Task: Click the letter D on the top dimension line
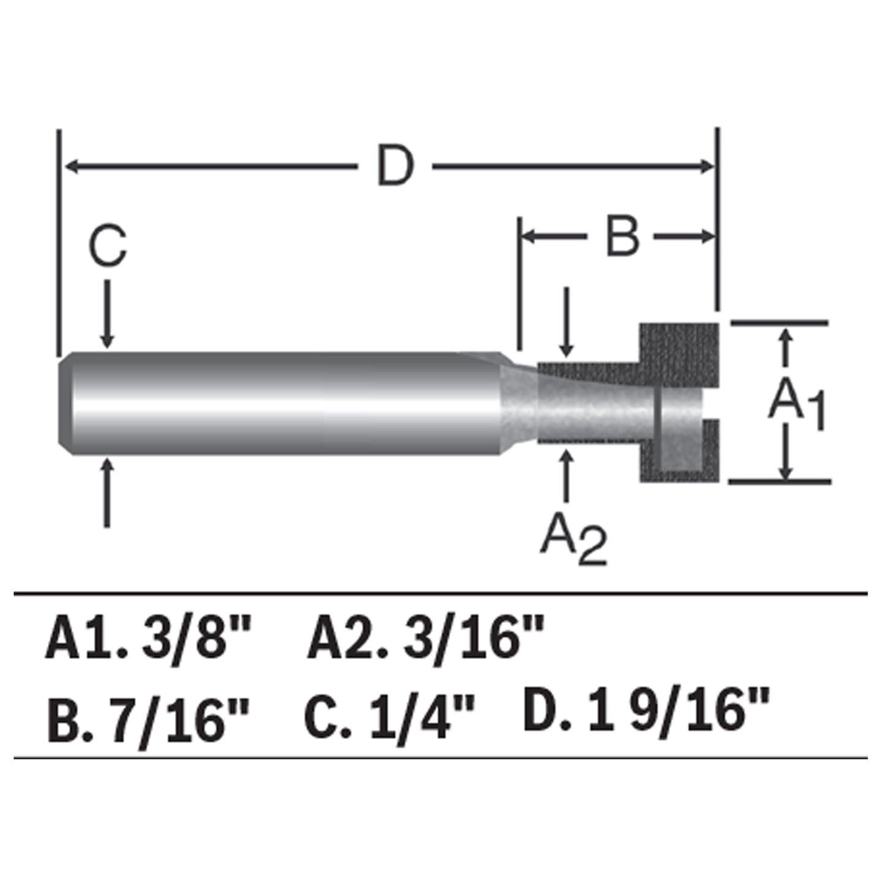pos(395,166)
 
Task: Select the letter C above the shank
pos(108,247)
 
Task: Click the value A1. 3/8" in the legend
pos(148,639)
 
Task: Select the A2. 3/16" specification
pos(425,639)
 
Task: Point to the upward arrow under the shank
pos(108,492)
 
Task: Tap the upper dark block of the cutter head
pos(679,355)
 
